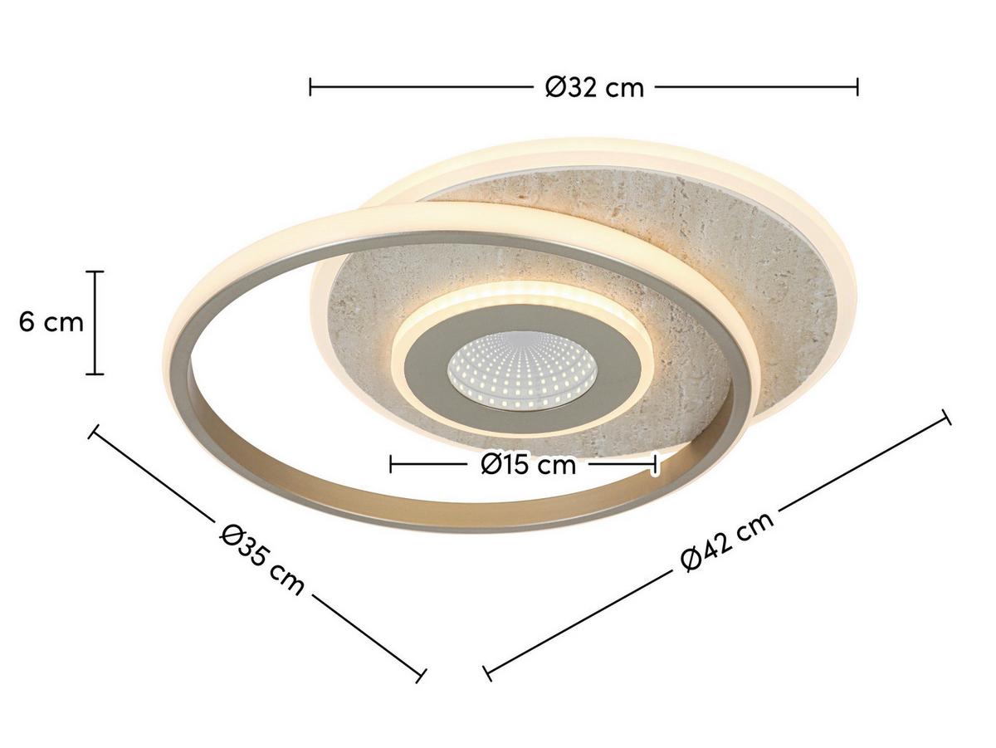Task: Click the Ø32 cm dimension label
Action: point(594,86)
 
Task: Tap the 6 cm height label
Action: point(51,322)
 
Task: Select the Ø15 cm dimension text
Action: point(528,464)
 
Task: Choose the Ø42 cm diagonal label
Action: point(727,540)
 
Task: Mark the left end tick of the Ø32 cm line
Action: point(310,86)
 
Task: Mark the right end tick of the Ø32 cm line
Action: point(857,86)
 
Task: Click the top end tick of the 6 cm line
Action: point(95,271)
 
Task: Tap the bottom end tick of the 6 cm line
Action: point(95,374)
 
